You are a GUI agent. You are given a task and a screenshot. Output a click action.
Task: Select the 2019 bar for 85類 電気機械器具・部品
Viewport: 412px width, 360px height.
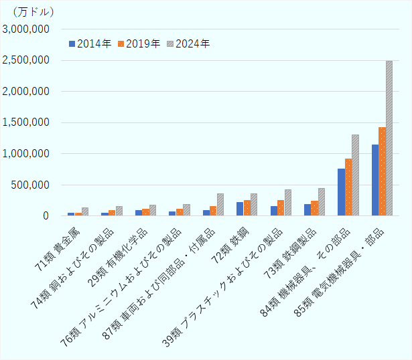point(382,171)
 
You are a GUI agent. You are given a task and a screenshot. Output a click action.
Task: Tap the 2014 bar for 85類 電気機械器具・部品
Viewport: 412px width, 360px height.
point(375,180)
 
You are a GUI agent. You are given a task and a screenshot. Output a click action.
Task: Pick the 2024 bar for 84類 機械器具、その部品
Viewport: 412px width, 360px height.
point(355,175)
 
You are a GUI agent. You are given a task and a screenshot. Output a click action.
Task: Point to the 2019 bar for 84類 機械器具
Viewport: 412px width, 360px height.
point(348,187)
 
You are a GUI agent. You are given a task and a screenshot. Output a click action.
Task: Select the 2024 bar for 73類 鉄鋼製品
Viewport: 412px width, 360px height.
point(322,202)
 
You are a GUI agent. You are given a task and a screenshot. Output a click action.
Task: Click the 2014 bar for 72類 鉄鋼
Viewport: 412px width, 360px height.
point(240,209)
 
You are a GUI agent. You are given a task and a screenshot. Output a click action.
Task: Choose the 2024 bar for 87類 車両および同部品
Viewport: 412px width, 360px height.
point(220,205)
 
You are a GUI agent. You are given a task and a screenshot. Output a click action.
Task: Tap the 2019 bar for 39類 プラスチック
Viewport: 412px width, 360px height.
point(281,208)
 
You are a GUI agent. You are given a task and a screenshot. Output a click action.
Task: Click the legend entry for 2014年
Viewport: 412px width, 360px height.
point(90,43)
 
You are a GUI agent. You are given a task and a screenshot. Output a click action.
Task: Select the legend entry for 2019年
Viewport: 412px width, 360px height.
point(139,43)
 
